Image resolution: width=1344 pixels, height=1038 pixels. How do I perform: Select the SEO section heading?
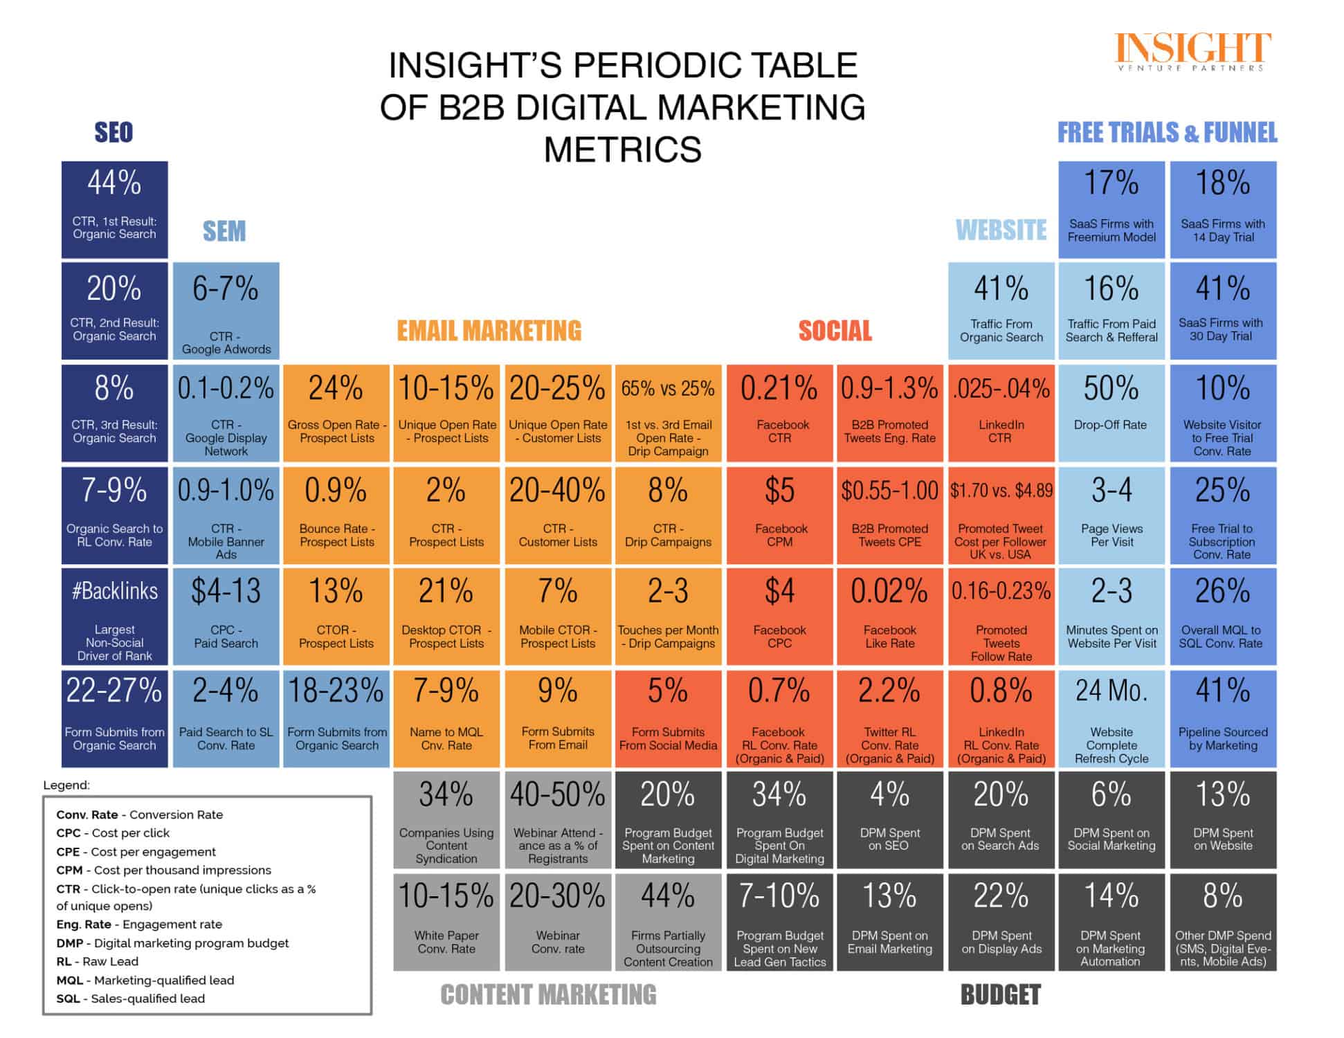113,132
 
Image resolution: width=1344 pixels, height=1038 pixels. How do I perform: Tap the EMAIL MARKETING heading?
489,331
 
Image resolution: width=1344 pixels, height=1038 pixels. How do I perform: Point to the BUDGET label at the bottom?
1000,995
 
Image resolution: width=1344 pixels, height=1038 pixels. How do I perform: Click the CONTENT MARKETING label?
548,995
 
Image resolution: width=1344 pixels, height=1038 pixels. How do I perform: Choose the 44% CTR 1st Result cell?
115,210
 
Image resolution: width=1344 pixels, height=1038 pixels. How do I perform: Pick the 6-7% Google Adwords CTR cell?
226,311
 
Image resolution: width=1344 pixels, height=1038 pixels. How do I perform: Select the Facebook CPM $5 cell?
780,515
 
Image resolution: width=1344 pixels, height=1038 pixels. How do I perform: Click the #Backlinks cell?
115,617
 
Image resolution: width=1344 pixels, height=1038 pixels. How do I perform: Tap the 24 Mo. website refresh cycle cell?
1111,718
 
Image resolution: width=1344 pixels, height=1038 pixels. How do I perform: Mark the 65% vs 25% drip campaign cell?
668,413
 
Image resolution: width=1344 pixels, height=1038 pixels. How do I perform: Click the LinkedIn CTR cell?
1001,413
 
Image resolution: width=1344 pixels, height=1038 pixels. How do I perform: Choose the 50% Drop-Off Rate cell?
1111,413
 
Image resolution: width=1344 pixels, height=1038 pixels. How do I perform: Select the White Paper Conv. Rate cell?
446,922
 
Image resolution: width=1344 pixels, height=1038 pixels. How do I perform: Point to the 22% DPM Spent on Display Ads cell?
1001,922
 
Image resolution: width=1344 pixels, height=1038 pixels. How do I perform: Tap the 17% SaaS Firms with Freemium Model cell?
1111,210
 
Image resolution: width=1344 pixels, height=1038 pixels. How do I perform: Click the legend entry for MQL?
145,980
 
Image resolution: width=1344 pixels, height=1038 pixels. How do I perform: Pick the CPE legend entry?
136,852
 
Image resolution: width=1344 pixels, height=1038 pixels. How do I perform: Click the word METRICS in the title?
622,149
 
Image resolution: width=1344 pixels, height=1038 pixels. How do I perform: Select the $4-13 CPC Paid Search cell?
226,617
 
